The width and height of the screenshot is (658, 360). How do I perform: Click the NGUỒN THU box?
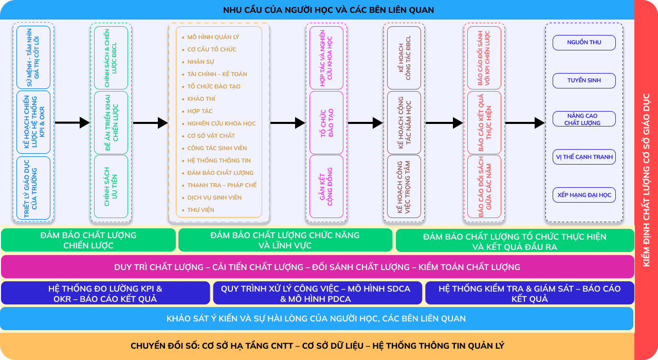click(x=584, y=43)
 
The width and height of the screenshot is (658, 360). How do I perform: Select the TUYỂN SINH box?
click(x=584, y=81)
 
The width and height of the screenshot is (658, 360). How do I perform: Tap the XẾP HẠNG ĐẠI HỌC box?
click(x=584, y=195)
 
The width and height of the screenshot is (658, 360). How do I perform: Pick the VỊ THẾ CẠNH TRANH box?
click(x=584, y=157)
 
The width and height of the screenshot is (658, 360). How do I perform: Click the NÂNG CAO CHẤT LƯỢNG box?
click(x=584, y=119)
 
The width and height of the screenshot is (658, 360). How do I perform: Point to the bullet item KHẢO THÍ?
click(x=201, y=99)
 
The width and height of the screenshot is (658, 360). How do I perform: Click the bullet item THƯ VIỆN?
click(x=200, y=210)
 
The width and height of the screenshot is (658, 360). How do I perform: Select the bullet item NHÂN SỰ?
click(x=200, y=62)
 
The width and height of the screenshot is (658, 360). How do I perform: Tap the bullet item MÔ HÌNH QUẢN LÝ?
click(x=213, y=37)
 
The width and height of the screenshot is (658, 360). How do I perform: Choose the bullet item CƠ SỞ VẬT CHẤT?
click(x=211, y=136)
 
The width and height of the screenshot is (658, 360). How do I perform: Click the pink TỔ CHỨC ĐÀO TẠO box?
click(x=326, y=122)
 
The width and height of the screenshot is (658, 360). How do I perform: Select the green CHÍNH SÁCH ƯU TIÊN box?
click(x=111, y=186)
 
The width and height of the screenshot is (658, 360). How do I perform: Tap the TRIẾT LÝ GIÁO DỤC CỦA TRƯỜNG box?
click(x=33, y=188)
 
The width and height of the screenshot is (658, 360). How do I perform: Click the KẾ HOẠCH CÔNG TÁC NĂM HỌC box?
click(x=404, y=122)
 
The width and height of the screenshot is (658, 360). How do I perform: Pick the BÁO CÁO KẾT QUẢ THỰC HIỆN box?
click(x=484, y=122)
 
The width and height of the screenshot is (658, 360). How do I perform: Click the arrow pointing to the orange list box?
click(x=151, y=123)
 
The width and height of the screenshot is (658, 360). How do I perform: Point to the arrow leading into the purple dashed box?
click(x=525, y=123)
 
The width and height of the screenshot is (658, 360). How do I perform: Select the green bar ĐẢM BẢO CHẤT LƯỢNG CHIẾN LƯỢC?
click(x=88, y=240)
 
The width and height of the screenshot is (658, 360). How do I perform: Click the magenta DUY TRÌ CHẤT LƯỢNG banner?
click(x=318, y=267)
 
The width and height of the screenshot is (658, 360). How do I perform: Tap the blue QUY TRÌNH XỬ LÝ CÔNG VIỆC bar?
click(x=318, y=293)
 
